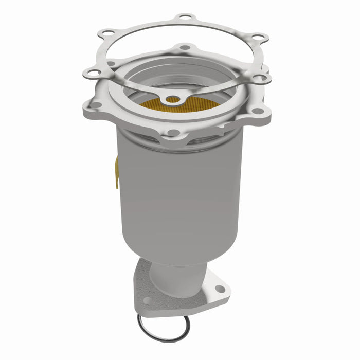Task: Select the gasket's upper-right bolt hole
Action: (x=258, y=38)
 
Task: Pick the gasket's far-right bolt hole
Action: (x=261, y=77)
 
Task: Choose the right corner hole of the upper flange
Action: (x=256, y=110)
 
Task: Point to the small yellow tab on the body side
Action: (x=116, y=172)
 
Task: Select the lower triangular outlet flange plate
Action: (x=180, y=303)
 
